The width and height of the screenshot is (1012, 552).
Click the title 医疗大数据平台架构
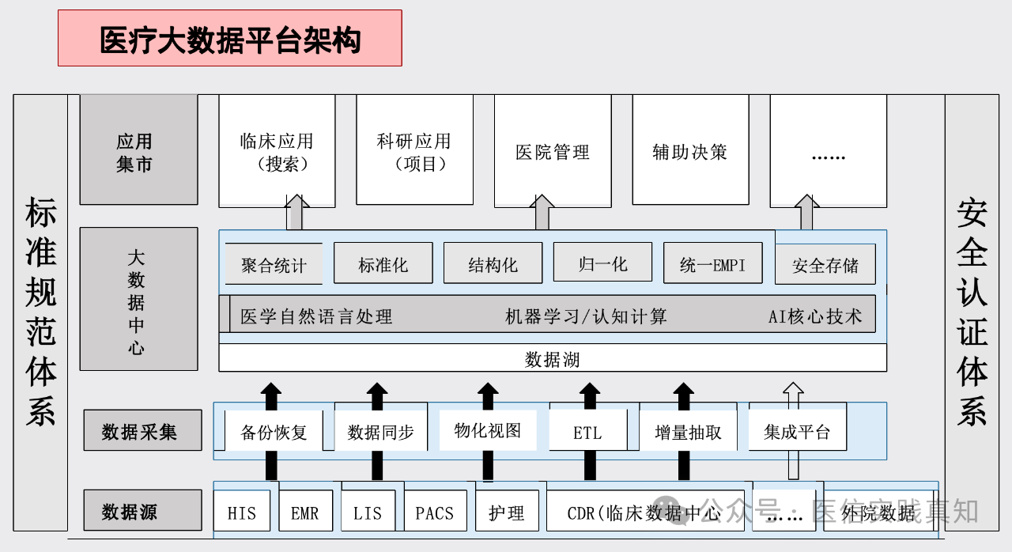point(229,38)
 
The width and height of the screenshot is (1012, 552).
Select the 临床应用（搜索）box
point(277,150)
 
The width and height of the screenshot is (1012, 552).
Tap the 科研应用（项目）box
point(414,150)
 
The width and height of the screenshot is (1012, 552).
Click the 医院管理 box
point(552,150)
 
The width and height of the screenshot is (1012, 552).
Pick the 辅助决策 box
point(689,150)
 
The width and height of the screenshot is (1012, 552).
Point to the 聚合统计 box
point(274,264)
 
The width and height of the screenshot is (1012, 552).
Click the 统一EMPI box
point(712,263)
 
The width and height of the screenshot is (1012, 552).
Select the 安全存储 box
point(825,264)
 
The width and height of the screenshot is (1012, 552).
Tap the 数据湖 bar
point(552,359)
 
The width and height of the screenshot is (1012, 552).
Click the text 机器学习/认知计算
point(586,316)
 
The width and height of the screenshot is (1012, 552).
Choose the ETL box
point(587,432)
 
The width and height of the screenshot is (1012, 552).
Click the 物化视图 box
point(487,429)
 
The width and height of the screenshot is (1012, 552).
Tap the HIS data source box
point(241,512)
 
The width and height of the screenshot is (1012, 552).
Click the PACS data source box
point(434,512)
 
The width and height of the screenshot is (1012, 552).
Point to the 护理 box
point(506,512)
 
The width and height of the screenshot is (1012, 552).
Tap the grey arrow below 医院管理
point(542,213)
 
